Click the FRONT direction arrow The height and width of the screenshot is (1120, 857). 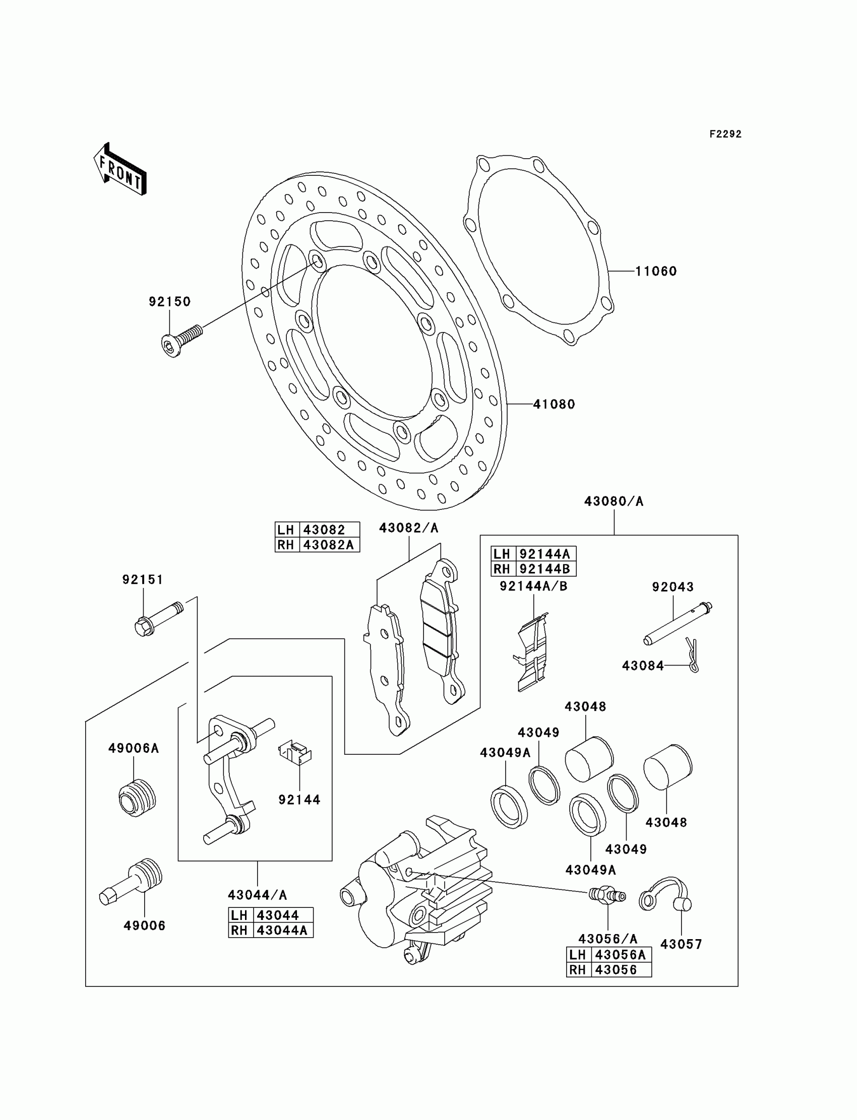point(121,170)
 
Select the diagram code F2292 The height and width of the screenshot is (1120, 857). point(725,134)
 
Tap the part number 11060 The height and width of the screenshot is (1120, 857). point(655,271)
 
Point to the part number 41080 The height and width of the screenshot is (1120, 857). point(554,404)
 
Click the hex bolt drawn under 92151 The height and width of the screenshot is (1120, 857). point(158,618)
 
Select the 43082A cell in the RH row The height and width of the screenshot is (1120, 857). point(329,545)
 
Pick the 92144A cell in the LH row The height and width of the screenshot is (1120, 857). point(545,554)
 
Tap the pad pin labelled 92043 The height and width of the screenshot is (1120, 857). point(678,623)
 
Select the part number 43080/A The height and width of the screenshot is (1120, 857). point(614,502)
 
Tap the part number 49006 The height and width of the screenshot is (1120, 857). point(144,926)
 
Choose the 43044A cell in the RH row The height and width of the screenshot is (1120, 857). point(282,931)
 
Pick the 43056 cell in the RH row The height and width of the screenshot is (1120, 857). point(616,970)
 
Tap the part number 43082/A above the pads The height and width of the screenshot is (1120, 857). point(409,528)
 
